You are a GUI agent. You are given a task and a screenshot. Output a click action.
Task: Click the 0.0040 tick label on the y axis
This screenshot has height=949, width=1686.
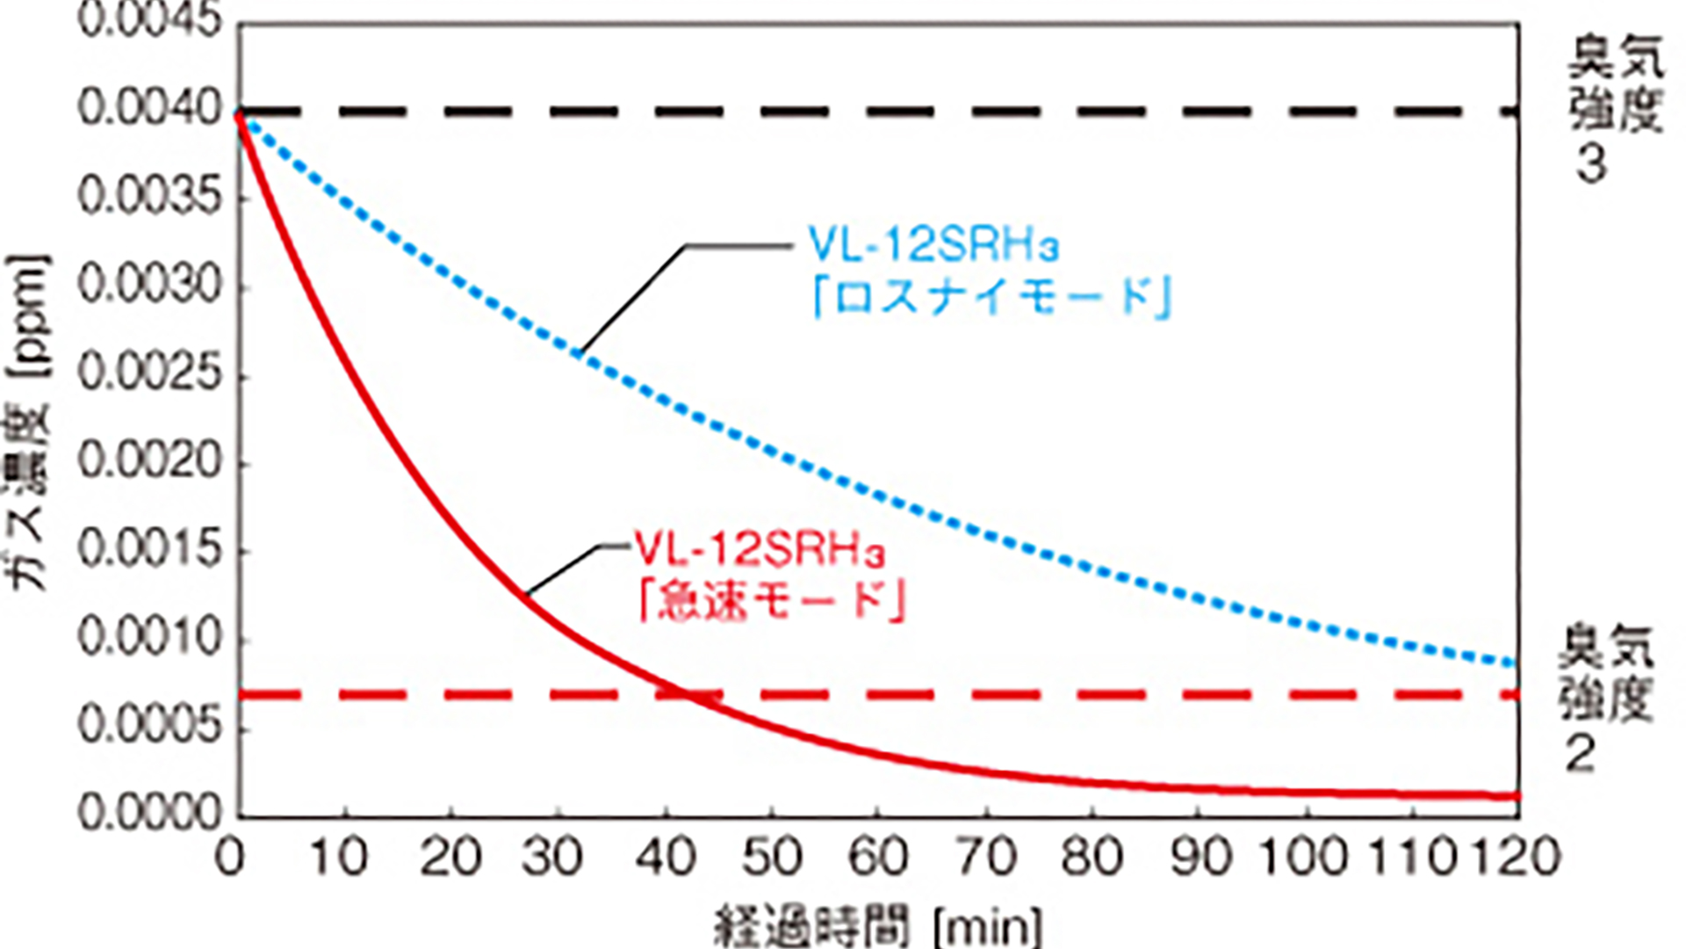[x=151, y=109]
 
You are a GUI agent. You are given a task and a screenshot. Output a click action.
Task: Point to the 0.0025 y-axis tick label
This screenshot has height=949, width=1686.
[x=151, y=373]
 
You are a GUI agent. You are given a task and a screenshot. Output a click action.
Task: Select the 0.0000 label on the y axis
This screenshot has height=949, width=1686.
[x=151, y=813]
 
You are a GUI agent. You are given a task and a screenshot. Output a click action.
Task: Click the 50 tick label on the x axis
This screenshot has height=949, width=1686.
[x=772, y=856]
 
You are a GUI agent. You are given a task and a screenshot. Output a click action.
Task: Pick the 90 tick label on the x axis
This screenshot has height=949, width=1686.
[x=1200, y=856]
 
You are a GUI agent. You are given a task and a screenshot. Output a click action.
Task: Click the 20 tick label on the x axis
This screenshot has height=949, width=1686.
[x=450, y=856]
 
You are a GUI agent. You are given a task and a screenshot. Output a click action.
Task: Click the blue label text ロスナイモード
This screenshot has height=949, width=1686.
[x=992, y=297]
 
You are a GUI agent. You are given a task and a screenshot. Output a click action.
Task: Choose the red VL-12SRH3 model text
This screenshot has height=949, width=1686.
[x=760, y=550]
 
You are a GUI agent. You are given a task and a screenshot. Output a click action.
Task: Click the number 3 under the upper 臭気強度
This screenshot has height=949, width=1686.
[x=1591, y=164]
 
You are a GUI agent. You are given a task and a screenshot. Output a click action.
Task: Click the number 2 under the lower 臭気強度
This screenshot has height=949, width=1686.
[x=1581, y=753]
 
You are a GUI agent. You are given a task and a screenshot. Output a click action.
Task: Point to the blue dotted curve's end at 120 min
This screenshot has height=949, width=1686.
[x=1517, y=663]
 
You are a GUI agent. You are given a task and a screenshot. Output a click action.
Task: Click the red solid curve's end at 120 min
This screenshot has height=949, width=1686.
[x=1517, y=796]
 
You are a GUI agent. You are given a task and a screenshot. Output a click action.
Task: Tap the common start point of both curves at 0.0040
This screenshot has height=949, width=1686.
[x=239, y=112]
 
